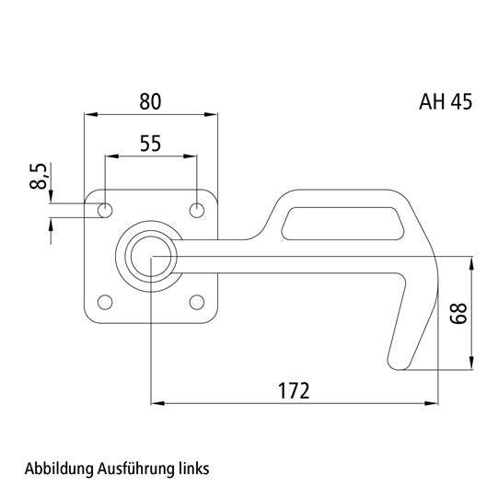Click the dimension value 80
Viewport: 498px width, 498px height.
pos(152,101)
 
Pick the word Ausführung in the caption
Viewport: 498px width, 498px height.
pos(135,468)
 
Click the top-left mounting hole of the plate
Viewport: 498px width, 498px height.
pos(106,211)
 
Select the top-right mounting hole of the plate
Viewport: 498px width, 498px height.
pos(196,211)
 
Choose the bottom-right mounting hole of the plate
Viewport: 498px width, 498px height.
pos(196,301)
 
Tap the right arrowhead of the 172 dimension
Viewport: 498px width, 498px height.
pos(432,403)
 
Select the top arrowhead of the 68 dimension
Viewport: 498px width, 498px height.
pos(473,261)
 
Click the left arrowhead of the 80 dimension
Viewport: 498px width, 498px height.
pos(89,115)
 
